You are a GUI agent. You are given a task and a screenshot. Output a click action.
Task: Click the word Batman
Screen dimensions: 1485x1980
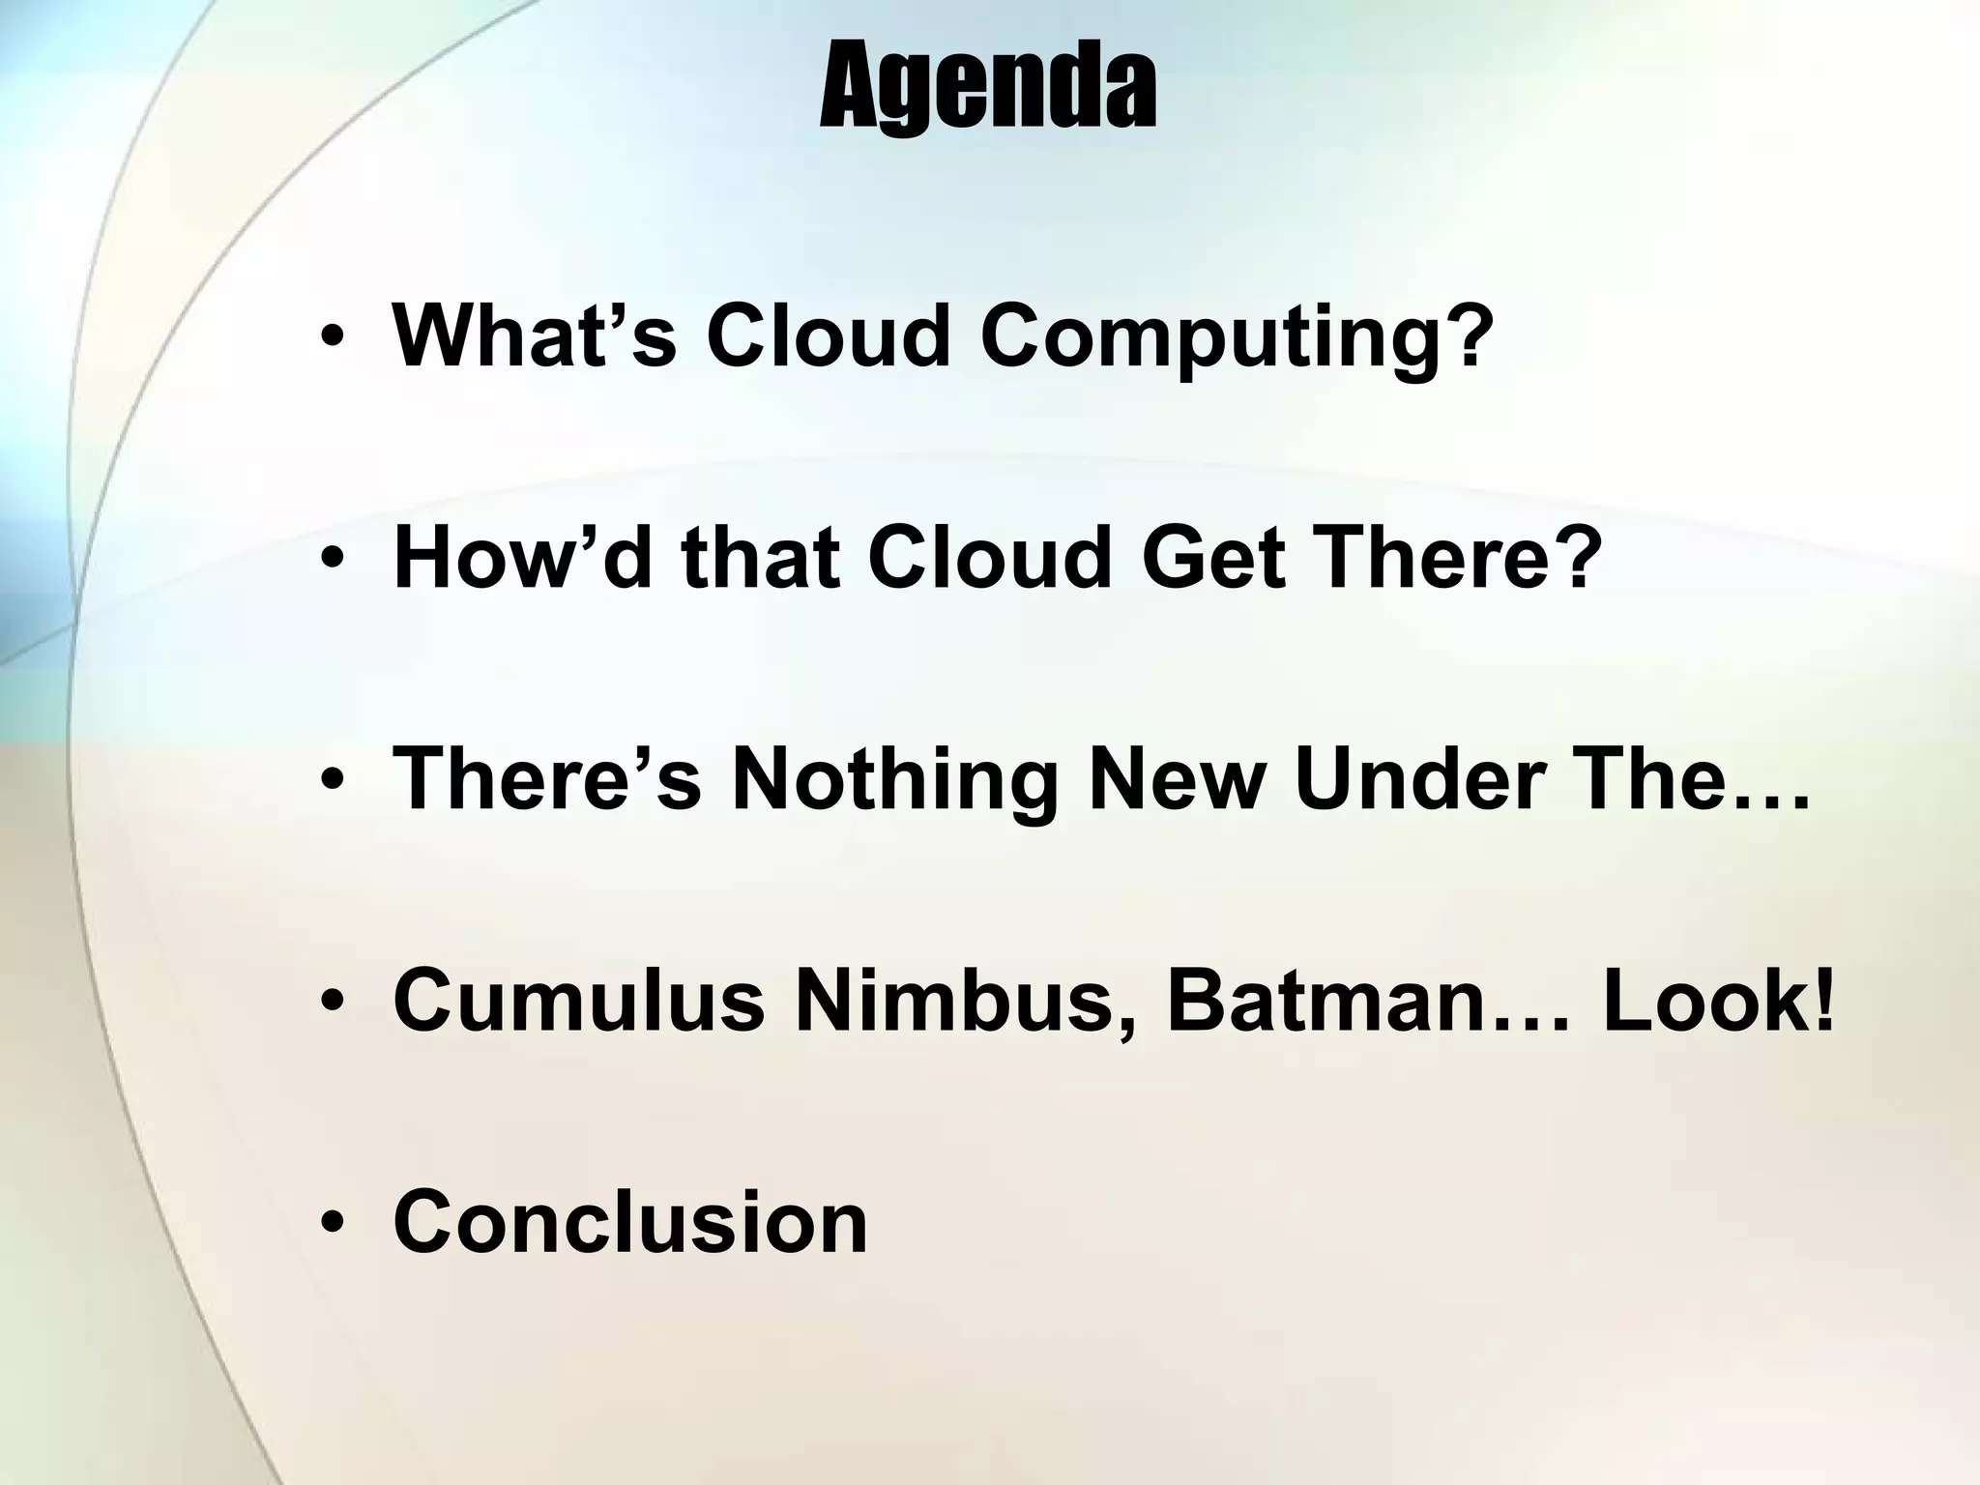1325,1001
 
